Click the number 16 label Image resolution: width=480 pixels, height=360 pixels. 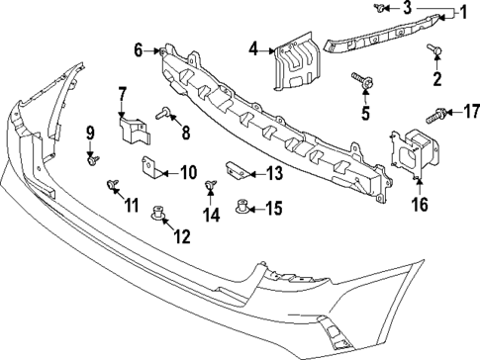(419, 205)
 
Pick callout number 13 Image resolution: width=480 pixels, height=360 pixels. (273, 173)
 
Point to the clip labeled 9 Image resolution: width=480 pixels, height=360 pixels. (92, 156)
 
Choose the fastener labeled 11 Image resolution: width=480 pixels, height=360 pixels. (111, 184)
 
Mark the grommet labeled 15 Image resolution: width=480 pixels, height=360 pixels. (242, 208)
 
